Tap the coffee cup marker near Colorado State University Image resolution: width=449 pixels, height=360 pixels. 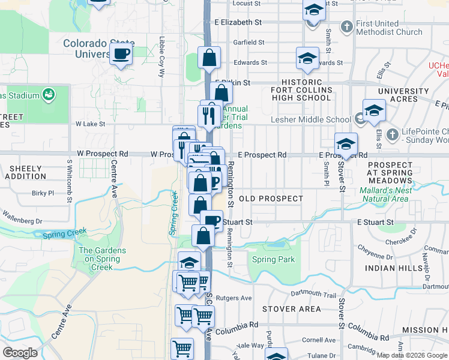point(121,54)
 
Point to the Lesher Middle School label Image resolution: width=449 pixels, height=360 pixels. point(311,119)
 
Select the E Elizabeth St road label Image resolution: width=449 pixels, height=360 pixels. point(238,22)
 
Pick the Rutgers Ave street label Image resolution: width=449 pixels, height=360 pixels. point(237,298)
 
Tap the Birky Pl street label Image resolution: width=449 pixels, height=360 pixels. point(43,193)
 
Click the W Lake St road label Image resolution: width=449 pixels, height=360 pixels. point(90,124)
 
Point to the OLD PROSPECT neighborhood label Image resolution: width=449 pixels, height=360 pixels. point(271,198)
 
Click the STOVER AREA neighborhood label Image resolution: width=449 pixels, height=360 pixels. point(292,309)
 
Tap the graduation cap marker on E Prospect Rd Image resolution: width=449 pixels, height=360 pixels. point(346,145)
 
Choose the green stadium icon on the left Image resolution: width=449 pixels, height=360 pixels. point(49,95)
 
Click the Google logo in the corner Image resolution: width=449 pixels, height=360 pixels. point(20,353)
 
